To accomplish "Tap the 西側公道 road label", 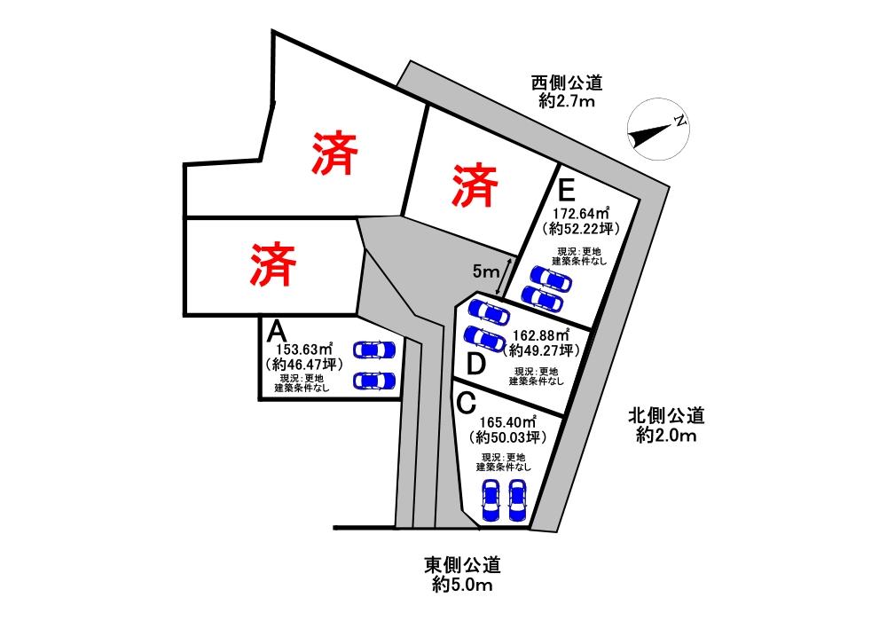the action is tap(567, 83).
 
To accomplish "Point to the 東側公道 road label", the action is tap(462, 565).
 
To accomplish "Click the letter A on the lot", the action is tap(276, 332).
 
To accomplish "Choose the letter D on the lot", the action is tap(475, 364).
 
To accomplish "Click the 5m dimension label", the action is tap(486, 271).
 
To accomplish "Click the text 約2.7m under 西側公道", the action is tap(567, 102).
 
